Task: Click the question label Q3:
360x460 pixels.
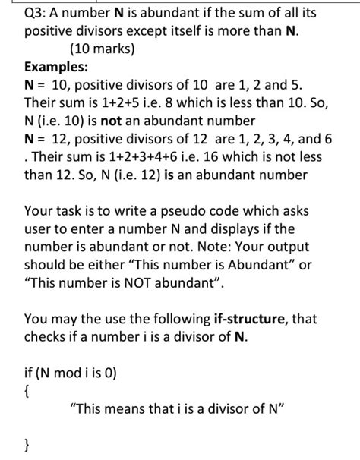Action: click(x=38, y=14)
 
